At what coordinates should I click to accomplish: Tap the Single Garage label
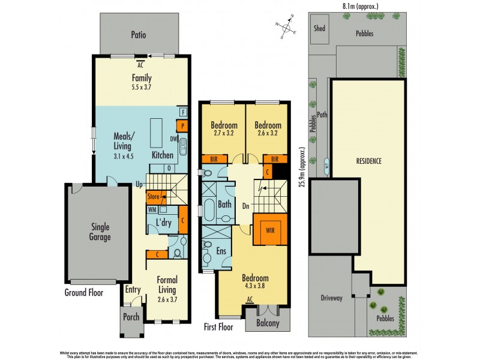[x=100, y=232]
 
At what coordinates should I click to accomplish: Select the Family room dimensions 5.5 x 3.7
[x=142, y=88]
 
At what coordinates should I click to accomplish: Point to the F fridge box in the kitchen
[x=182, y=112]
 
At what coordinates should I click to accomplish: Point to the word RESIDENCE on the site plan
[x=368, y=161]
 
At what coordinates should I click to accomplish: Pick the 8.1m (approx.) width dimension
[x=359, y=6]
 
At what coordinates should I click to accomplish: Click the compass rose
[x=287, y=28]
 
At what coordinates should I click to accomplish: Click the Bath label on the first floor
[x=225, y=205]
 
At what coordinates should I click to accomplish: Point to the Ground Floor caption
[x=84, y=293]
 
